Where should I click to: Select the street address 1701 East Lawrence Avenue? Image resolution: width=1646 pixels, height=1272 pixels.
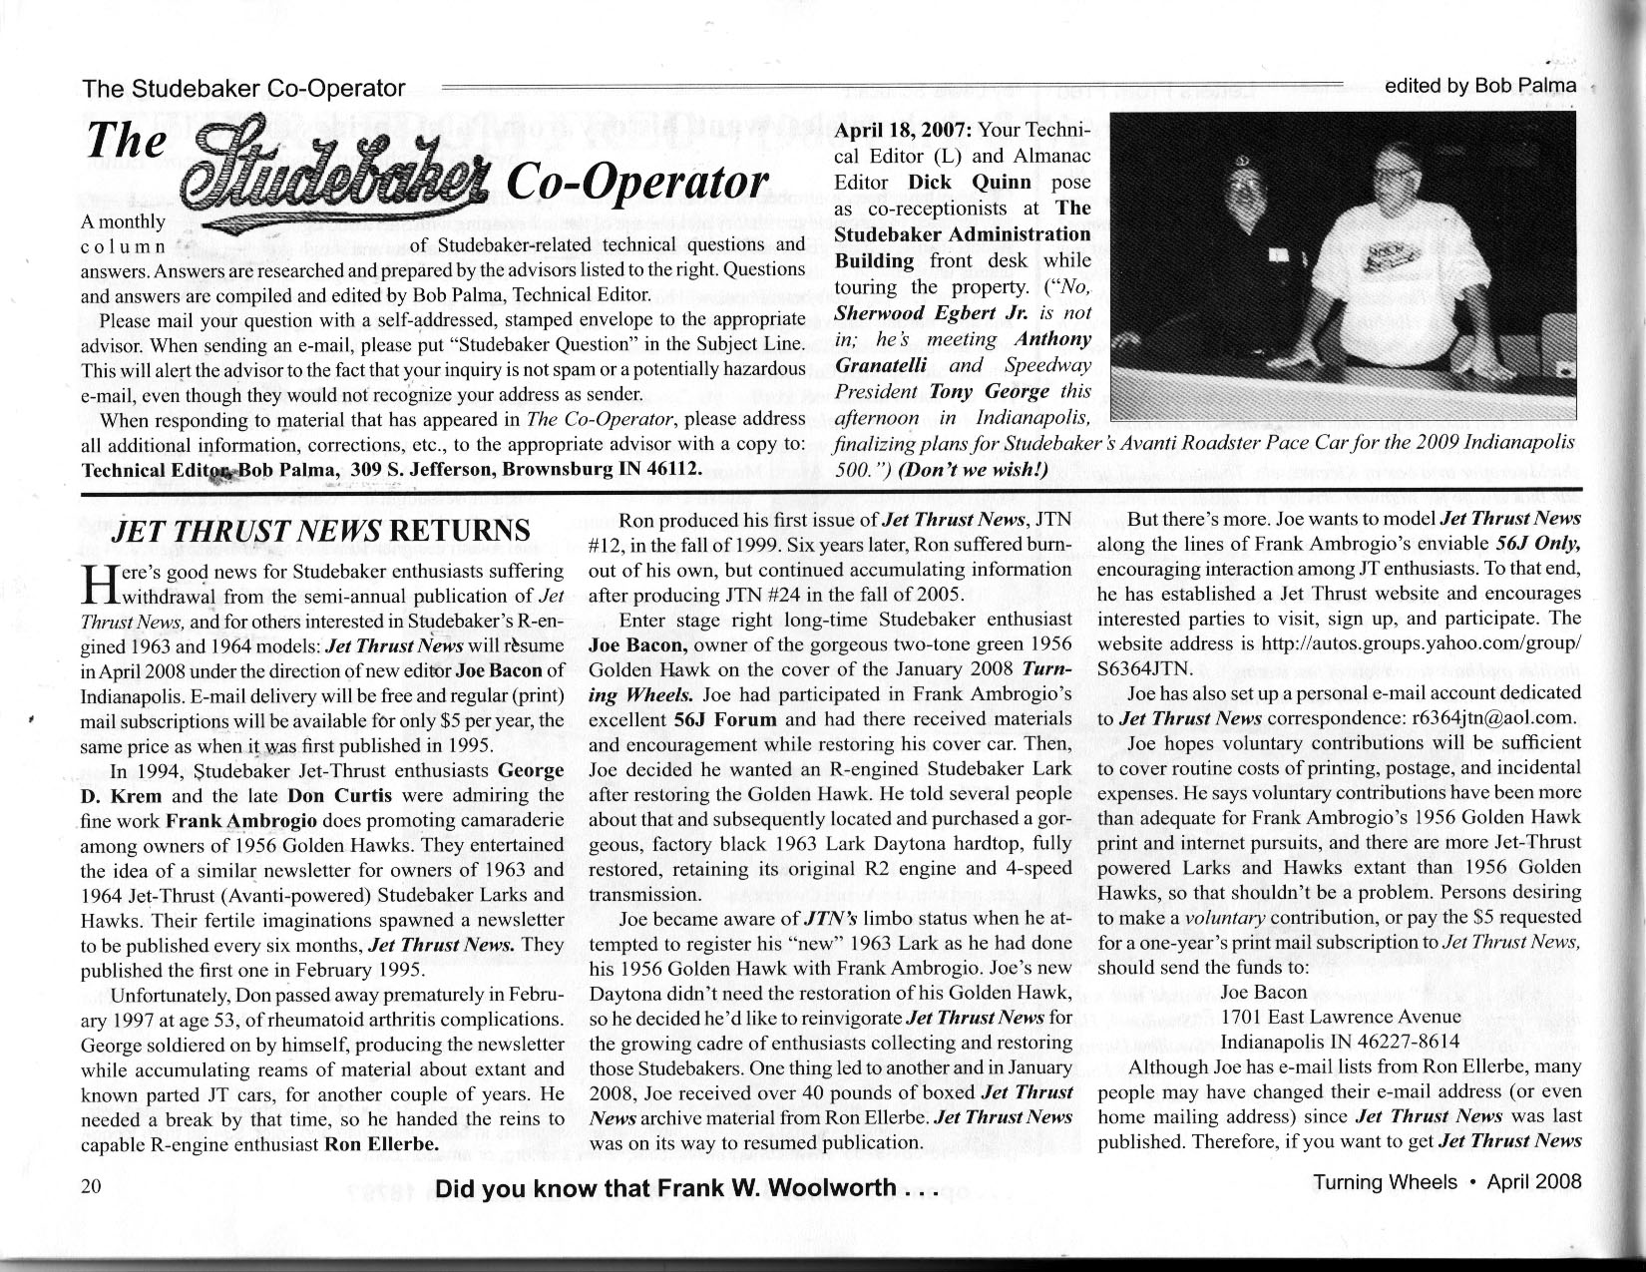1341,1017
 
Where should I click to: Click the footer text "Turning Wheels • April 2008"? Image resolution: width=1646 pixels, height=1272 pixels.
1447,1182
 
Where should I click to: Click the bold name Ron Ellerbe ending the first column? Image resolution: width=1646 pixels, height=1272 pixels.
382,1143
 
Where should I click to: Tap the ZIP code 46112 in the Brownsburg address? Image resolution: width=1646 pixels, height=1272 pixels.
679,468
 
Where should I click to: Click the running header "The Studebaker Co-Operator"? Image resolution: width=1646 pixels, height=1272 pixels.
244,88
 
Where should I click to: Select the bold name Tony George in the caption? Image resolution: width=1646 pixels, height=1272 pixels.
976,391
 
